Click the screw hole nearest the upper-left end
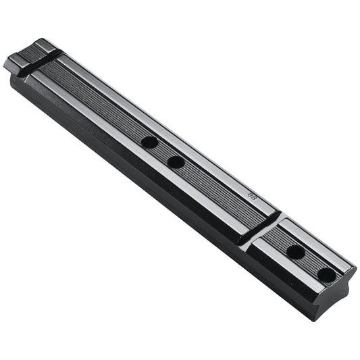149,143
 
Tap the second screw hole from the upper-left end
176,162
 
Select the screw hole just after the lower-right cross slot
295,252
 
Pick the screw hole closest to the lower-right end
327,275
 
